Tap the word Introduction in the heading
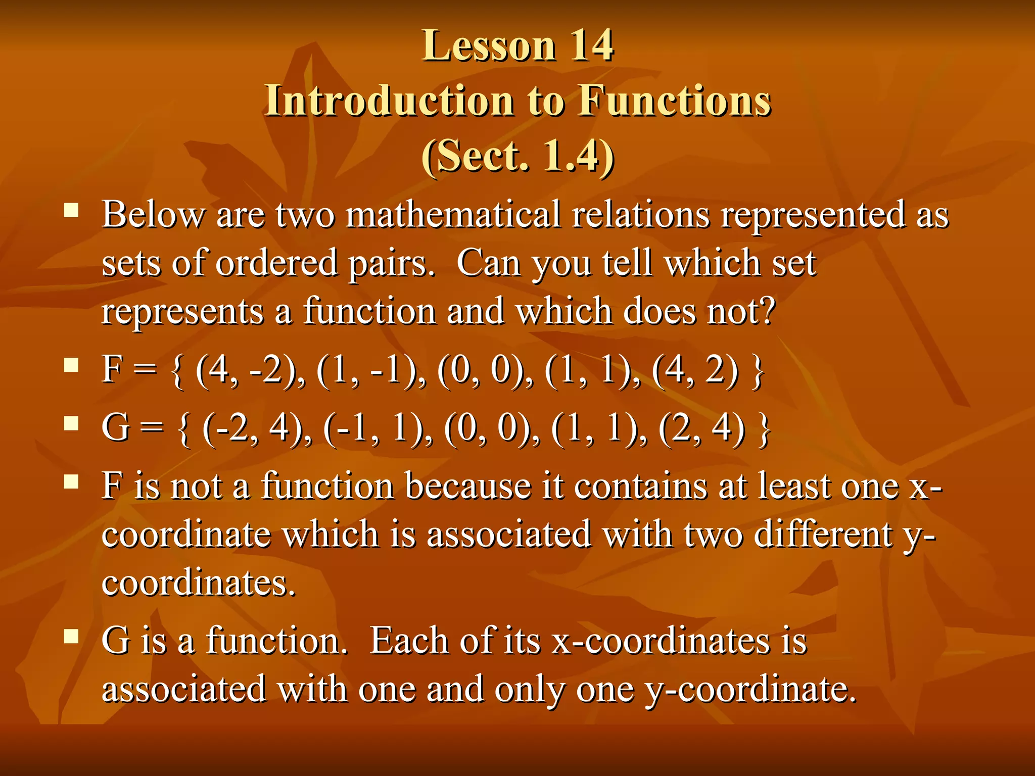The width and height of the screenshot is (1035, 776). [389, 100]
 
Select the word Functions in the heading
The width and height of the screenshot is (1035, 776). [674, 100]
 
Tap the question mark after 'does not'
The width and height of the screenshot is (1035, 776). [766, 311]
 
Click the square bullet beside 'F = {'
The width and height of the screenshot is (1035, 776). [71, 365]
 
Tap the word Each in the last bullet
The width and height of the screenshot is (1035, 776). [409, 641]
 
